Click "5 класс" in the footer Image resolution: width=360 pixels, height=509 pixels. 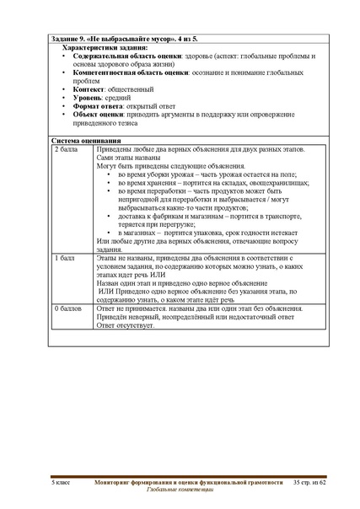click(63, 480)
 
